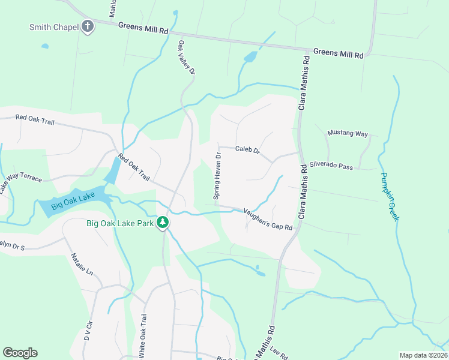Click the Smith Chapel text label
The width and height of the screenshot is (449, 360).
pyautogui.click(x=54, y=26)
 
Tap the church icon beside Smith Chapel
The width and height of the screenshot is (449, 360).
pyautogui.click(x=88, y=26)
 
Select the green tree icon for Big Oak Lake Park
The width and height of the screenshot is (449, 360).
pyautogui.click(x=162, y=223)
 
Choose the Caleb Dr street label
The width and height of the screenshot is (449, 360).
pyautogui.click(x=247, y=149)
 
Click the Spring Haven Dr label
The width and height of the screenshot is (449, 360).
pyautogui.click(x=218, y=175)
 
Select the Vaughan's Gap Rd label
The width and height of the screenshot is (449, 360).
pyautogui.click(x=268, y=219)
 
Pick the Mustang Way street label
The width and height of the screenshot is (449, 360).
pyautogui.click(x=348, y=134)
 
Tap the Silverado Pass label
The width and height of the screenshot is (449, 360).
pyautogui.click(x=331, y=166)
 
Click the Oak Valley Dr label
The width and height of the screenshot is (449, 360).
pyautogui.click(x=186, y=58)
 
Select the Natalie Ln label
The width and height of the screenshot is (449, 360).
pyautogui.click(x=82, y=264)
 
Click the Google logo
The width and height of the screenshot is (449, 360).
pyautogui.click(x=20, y=353)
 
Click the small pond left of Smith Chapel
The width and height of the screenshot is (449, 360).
pyautogui.click(x=44, y=46)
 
